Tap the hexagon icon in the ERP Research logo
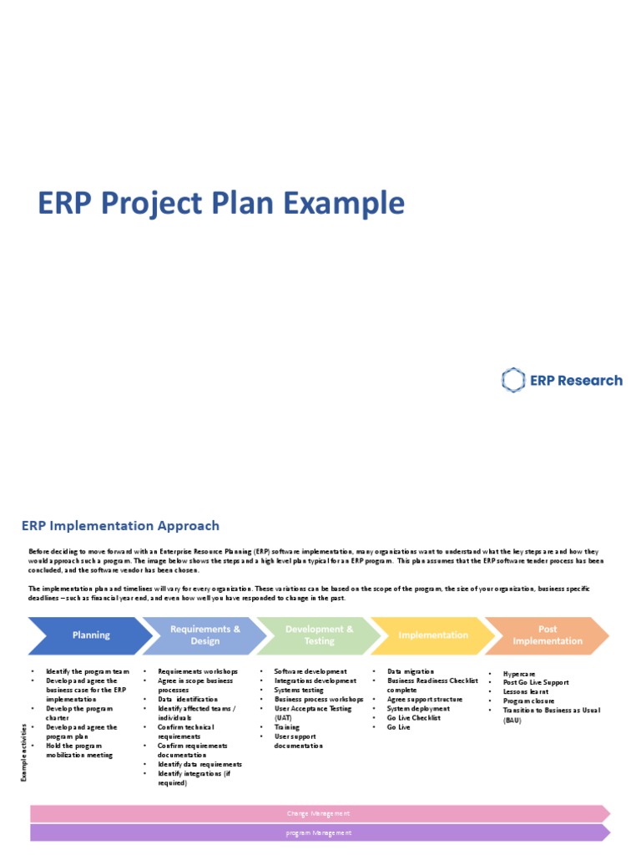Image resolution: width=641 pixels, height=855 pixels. (512, 381)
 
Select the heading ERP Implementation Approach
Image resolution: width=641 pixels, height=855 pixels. (120, 526)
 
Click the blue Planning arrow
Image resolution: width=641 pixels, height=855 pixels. (90, 635)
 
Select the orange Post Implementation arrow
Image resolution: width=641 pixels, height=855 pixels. (548, 635)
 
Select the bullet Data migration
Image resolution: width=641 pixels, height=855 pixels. (411, 671)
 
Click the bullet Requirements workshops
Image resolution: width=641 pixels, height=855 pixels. (197, 671)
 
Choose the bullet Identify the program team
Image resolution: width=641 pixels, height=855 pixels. (88, 671)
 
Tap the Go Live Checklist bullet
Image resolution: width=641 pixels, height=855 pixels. (413, 718)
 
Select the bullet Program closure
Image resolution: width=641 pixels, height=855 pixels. (528, 701)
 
